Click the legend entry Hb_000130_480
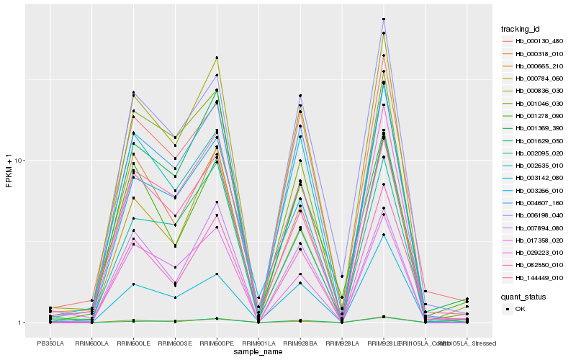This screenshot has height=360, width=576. (x=534, y=41)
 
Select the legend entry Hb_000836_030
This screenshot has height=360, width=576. (x=534, y=91)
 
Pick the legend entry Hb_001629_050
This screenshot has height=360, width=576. (x=534, y=141)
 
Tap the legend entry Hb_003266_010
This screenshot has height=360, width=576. (x=534, y=191)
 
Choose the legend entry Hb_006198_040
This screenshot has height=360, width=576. (x=534, y=216)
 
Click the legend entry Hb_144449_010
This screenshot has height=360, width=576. (x=534, y=278)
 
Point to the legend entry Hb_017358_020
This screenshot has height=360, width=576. (x=534, y=240)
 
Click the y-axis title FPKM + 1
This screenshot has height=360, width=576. (x=9, y=171)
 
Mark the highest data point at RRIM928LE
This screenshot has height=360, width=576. (x=384, y=19)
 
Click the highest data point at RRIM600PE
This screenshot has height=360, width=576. (x=217, y=58)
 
